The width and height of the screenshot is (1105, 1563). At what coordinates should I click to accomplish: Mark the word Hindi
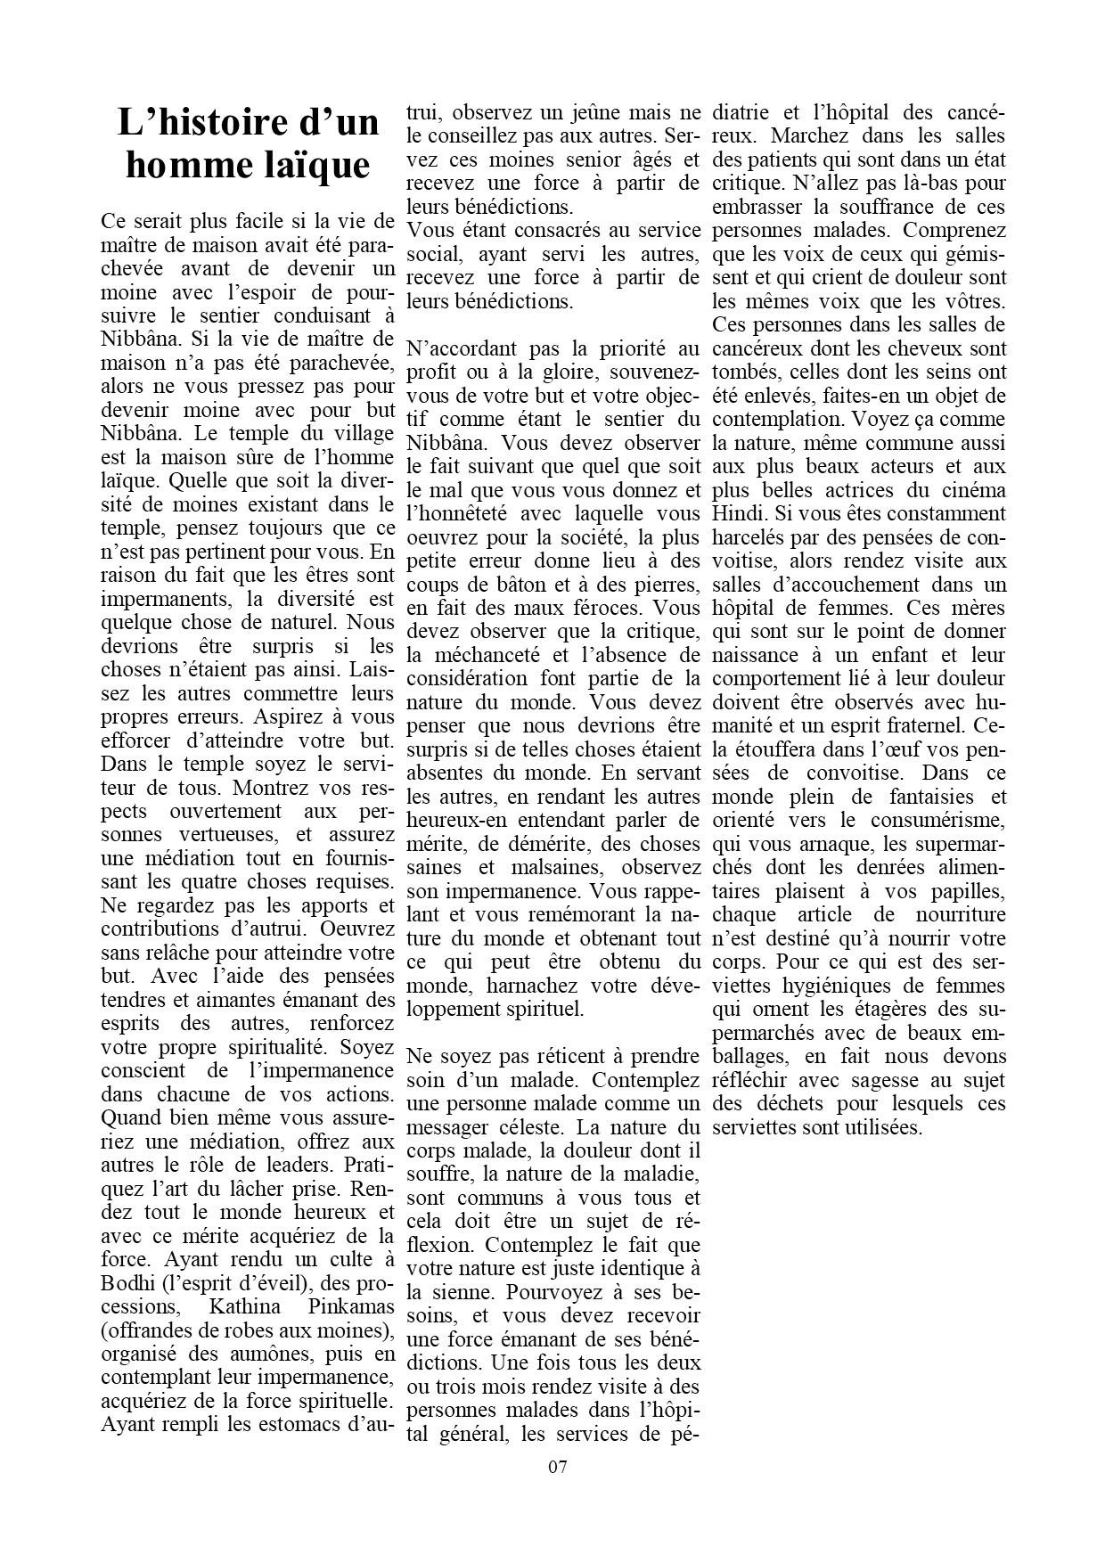pos(739,513)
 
